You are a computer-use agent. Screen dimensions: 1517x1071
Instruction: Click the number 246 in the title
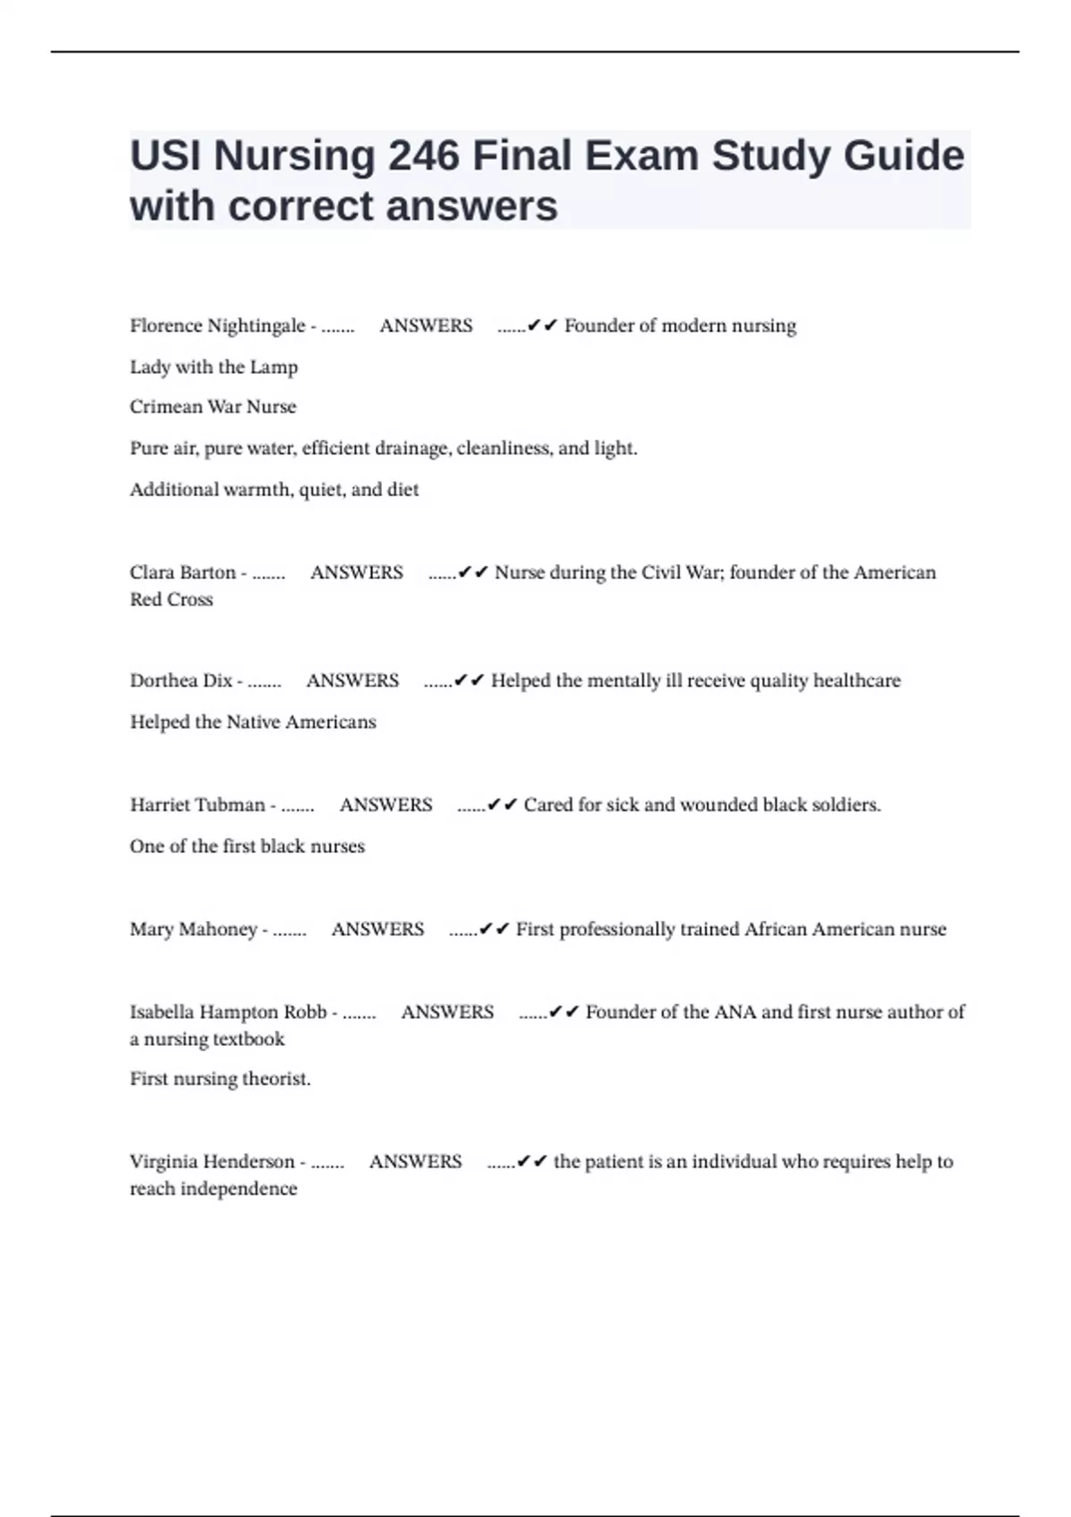423,156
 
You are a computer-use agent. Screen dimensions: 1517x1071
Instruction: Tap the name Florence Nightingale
217,326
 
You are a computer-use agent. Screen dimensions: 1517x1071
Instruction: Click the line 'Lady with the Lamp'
213,367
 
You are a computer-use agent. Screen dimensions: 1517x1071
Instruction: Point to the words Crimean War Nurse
212,407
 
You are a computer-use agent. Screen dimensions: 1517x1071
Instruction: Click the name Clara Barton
182,572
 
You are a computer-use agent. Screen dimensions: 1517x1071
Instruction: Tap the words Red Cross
171,600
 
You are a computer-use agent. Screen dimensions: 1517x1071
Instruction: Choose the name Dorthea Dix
180,681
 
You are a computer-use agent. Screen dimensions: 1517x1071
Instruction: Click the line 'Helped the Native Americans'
253,722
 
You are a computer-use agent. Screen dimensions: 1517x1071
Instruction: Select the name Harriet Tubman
197,805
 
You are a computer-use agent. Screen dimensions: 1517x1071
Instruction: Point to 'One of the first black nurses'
247,846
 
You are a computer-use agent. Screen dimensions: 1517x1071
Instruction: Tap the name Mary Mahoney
193,929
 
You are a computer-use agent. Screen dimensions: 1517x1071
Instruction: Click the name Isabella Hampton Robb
228,1012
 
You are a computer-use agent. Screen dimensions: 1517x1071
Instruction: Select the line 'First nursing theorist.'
220,1079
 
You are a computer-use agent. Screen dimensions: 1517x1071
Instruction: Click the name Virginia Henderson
212,1162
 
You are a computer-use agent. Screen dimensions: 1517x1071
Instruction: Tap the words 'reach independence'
213,1189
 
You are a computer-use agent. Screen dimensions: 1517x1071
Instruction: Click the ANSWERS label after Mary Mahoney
378,929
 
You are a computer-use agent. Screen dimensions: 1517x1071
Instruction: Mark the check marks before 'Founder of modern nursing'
542,326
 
